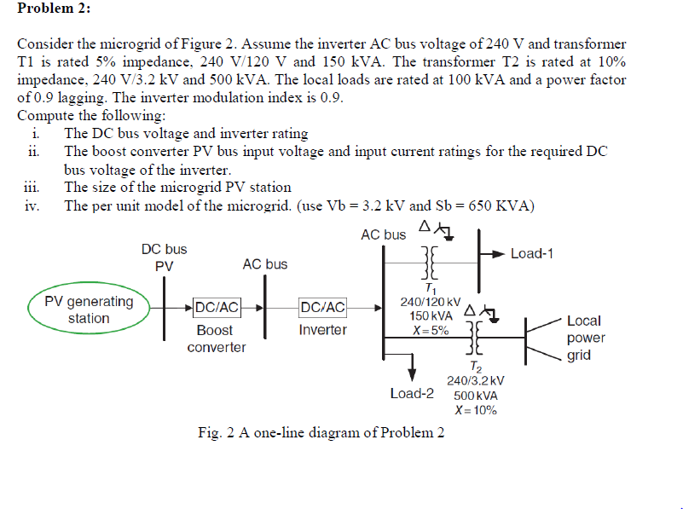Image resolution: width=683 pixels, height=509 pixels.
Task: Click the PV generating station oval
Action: (89, 310)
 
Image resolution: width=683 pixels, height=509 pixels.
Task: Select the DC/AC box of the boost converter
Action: (217, 307)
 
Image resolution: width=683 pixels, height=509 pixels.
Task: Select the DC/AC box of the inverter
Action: (323, 307)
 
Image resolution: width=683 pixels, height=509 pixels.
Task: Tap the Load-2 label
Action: (412, 393)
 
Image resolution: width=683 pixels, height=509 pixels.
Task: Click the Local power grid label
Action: (584, 338)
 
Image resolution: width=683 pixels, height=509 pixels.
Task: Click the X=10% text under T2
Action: (475, 410)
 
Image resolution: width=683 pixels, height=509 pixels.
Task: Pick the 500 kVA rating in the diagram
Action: (475, 396)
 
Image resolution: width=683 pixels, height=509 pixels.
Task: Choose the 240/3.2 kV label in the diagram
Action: (475, 381)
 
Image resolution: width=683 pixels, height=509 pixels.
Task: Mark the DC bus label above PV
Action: (164, 249)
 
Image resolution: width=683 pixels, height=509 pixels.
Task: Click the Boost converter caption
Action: (215, 338)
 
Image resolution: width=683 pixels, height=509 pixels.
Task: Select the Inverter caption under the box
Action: (322, 330)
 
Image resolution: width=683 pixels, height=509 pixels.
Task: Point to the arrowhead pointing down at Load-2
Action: (413, 373)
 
